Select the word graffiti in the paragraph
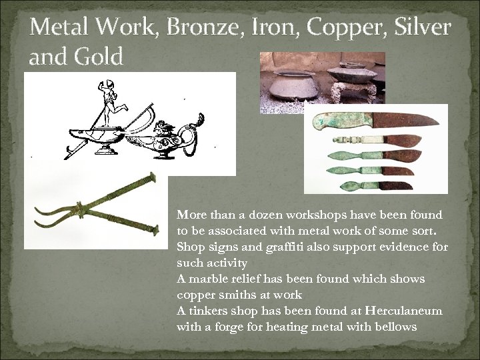275,247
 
